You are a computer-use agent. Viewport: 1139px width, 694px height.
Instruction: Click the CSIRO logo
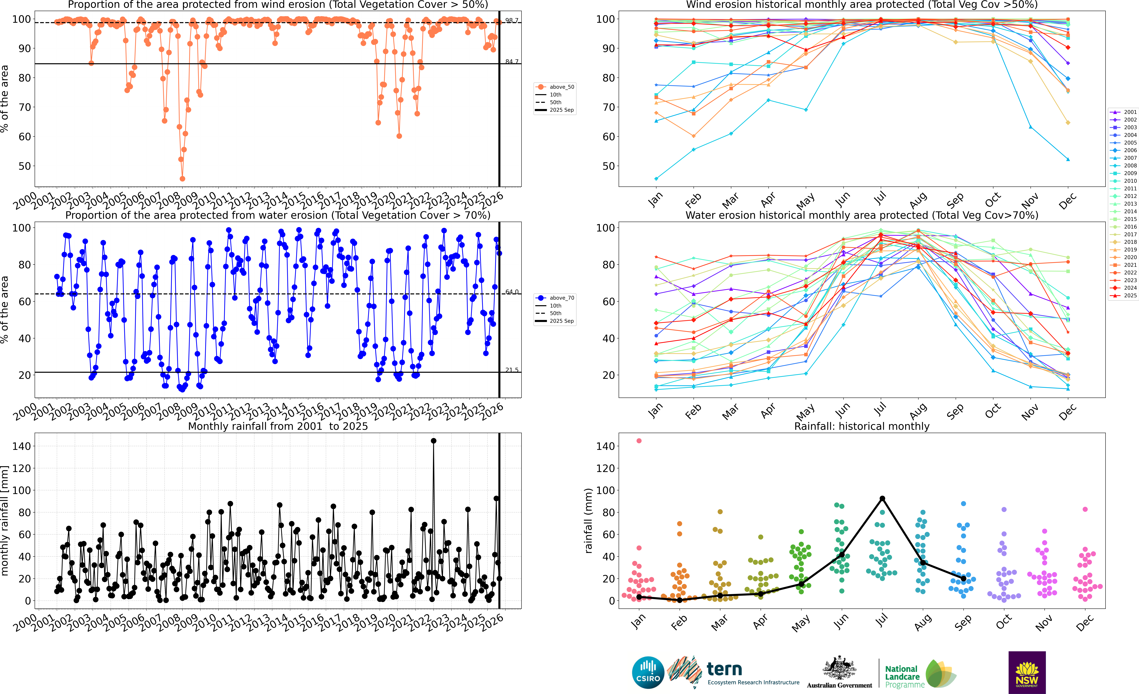coord(648,672)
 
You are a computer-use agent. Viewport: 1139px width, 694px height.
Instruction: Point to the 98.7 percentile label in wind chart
coord(511,21)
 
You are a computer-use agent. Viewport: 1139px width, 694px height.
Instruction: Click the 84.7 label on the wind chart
coord(511,62)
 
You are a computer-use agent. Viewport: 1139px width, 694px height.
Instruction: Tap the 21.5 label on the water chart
coord(511,370)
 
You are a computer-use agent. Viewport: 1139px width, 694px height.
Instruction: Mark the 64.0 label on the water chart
coord(511,292)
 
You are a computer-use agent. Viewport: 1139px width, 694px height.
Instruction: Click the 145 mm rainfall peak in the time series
coord(433,441)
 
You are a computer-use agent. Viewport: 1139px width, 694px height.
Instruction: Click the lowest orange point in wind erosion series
coord(183,179)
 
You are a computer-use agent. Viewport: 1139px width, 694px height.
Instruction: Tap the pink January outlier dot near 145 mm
coord(639,441)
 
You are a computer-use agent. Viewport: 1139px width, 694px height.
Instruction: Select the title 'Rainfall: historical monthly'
coord(862,426)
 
